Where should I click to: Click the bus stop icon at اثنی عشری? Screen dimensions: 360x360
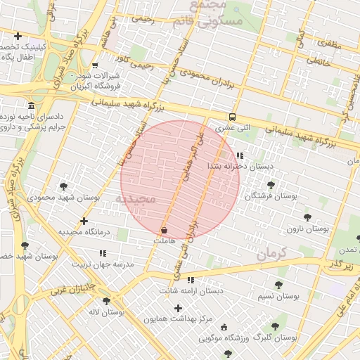point(232,117)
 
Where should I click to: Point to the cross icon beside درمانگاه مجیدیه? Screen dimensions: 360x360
point(84,221)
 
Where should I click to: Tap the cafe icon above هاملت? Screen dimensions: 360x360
point(164,230)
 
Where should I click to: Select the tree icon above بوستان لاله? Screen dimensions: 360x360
point(106,301)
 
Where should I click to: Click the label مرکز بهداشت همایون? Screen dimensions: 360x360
point(178,319)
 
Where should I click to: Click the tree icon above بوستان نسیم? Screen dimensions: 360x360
point(278,285)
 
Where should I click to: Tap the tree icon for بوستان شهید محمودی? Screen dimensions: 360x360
point(64,186)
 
